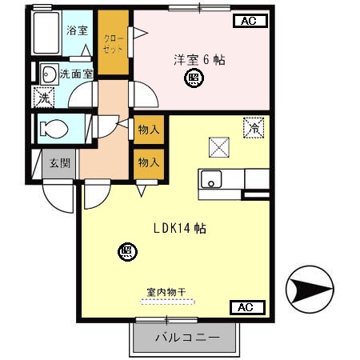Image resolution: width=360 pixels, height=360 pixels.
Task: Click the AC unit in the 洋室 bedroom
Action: coord(250,21)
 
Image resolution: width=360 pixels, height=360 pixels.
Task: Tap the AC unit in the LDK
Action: coord(247,307)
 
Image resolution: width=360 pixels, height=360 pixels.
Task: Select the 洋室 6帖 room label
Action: coord(199,60)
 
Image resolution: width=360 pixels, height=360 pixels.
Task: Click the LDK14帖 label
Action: coord(180,228)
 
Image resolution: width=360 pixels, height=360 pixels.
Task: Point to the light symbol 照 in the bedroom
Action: coord(194,78)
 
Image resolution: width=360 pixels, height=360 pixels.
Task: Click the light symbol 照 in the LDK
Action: coord(127,252)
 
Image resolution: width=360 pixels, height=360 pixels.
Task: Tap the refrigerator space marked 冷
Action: coord(254,128)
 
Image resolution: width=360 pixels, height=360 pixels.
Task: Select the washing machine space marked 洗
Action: coord(44,98)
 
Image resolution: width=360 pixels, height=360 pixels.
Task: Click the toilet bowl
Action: coord(54,129)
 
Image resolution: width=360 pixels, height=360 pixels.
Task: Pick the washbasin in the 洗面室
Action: coord(50,74)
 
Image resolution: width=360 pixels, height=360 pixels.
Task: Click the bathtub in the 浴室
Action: coord(46,33)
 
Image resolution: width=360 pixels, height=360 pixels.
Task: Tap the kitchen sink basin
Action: coord(211,179)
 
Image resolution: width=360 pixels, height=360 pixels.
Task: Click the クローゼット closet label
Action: coord(114,44)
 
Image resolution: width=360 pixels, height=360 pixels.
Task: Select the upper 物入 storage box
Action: coord(149,130)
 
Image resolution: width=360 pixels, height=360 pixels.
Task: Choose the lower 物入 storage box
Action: coord(149,163)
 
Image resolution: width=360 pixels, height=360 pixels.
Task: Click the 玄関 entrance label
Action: coord(60,163)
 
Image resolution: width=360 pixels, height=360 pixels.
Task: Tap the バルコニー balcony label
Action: coord(187,338)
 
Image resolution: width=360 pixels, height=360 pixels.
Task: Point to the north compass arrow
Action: coord(310,289)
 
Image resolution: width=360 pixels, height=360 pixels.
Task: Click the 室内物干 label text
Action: coord(166,292)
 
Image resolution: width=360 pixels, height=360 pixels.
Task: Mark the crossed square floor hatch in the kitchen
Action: coord(219,147)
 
